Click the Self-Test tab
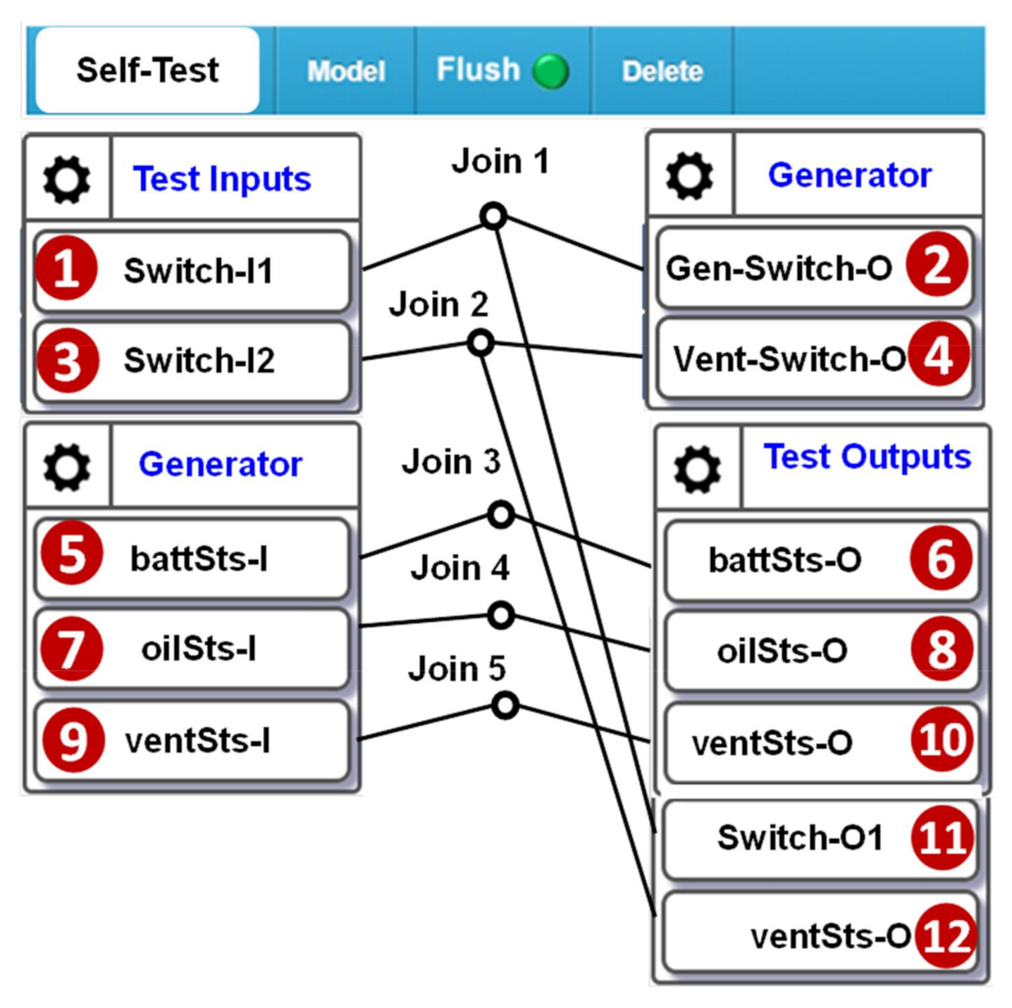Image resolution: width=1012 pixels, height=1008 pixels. (147, 70)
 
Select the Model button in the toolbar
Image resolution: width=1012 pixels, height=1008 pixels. (346, 71)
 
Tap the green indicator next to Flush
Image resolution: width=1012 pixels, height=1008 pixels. (550, 71)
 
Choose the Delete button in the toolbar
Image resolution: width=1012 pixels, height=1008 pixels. (662, 71)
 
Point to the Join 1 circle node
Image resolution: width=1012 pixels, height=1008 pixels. (493, 216)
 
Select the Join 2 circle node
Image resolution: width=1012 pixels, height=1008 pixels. (481, 343)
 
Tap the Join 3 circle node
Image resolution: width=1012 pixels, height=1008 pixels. (500, 515)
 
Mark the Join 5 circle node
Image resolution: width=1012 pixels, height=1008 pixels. (505, 705)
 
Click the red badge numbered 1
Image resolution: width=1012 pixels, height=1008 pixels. (66, 268)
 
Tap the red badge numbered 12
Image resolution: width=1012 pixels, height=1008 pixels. (946, 936)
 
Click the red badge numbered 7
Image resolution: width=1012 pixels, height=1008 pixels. (71, 649)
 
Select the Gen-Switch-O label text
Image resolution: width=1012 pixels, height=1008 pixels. (779, 268)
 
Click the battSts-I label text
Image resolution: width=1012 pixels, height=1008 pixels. (199, 559)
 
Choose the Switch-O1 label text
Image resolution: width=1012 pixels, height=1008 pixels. (800, 838)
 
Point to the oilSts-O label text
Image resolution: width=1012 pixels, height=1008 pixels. (782, 651)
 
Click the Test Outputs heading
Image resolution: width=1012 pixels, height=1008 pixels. (867, 456)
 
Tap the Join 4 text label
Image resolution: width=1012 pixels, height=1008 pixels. (459, 568)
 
